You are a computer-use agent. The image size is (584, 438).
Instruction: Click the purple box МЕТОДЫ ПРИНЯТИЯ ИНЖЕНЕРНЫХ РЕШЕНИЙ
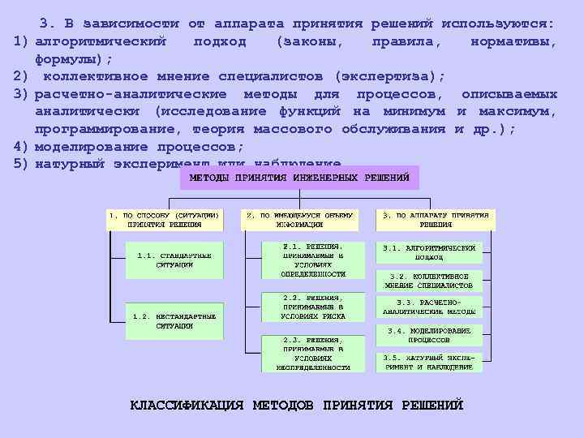coord(299,178)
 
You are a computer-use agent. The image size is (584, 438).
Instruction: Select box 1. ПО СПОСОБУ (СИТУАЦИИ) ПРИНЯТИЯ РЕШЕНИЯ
coord(163,220)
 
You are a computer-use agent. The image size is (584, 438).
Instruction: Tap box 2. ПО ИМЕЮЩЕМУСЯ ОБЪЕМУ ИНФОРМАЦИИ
coord(300,220)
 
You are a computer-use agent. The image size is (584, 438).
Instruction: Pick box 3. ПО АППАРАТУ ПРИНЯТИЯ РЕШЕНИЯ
coord(436,220)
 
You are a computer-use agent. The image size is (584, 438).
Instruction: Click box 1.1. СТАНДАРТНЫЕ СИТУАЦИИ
coord(174,260)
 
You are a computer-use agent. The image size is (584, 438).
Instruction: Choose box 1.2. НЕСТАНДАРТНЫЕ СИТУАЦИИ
coord(174,320)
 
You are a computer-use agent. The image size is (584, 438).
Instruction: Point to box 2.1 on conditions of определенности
coord(312,260)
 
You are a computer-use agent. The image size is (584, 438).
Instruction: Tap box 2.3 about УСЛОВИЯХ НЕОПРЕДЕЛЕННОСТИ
coord(312,353)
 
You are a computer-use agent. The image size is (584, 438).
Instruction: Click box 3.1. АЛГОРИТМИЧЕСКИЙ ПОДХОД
coord(429,251)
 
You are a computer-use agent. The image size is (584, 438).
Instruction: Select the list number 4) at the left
coord(21,147)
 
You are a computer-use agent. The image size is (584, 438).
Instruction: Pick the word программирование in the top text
coord(97,130)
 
